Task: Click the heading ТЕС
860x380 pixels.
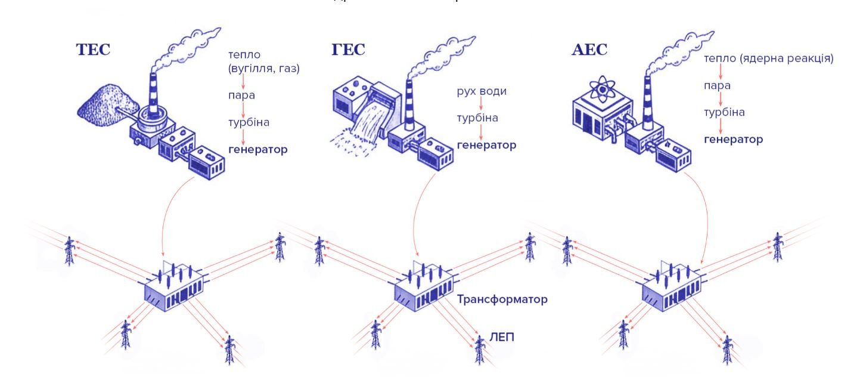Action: tap(93, 50)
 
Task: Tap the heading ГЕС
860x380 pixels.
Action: tap(348, 50)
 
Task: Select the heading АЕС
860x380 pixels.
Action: tap(589, 50)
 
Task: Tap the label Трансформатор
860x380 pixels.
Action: tap(502, 299)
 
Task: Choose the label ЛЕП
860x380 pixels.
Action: tap(502, 337)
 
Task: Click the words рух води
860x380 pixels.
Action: tap(482, 91)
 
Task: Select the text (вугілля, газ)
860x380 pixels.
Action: tap(263, 69)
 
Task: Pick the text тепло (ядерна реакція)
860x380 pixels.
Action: tap(768, 58)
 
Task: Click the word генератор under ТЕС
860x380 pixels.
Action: tap(257, 149)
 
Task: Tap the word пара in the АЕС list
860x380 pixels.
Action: tap(717, 85)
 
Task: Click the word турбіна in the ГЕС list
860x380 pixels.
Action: tap(477, 118)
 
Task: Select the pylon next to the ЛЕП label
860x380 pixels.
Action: tap(479, 349)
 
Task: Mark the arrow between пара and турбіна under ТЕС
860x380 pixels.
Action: tap(243, 109)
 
